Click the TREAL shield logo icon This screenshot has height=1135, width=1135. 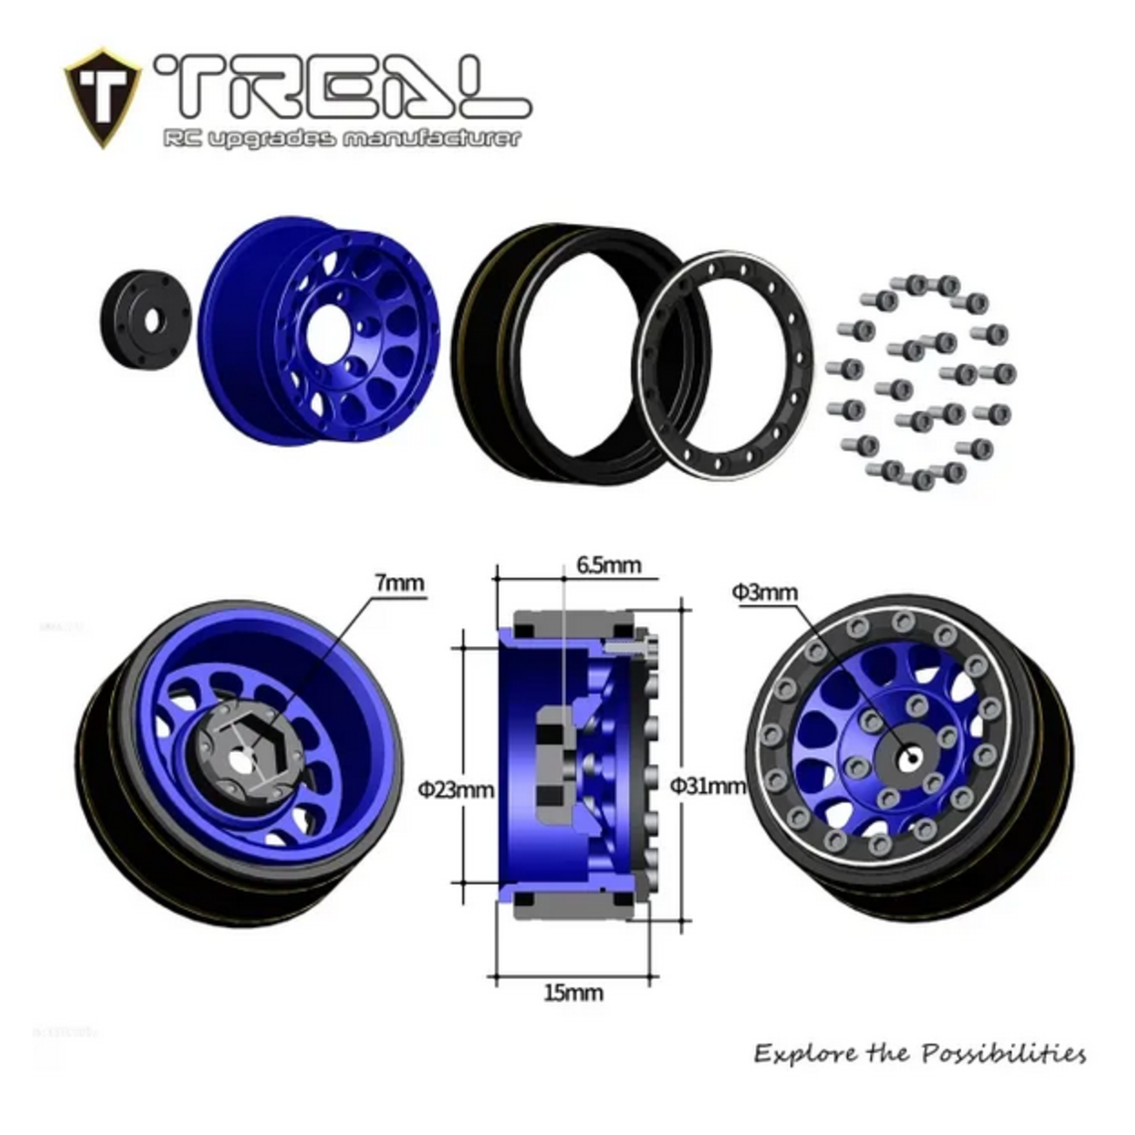pos(102,98)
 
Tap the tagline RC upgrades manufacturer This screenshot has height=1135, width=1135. pos(341,138)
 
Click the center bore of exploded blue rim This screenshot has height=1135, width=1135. pos(327,334)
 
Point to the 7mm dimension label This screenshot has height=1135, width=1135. pos(399,583)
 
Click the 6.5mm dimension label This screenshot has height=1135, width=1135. pos(609,565)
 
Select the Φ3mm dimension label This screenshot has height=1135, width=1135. pos(765,592)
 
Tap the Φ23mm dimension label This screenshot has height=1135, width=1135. pos(456,789)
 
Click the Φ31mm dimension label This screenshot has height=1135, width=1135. pos(708,785)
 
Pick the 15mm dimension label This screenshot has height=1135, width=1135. pos(573,992)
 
